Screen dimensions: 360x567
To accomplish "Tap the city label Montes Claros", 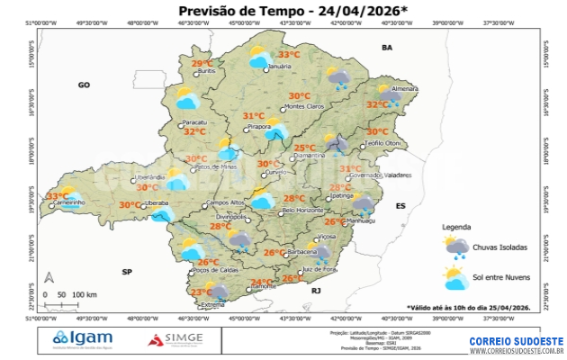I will pyautogui.click(x=303, y=107).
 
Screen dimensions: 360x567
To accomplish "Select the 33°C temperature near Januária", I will pyautogui.click(x=288, y=55).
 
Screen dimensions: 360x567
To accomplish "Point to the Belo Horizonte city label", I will pyautogui.click(x=302, y=211).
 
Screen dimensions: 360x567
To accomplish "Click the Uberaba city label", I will pyautogui.click(x=157, y=204).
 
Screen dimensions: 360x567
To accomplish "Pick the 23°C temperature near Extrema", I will pyautogui.click(x=202, y=292).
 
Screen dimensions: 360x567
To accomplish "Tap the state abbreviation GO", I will pyautogui.click(x=84, y=85).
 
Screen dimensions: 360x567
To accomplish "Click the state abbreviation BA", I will pyautogui.click(x=388, y=46).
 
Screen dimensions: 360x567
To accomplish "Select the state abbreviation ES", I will pyautogui.click(x=401, y=206).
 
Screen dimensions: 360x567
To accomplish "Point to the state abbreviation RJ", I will pyautogui.click(x=316, y=291).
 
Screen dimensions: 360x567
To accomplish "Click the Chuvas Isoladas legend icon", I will pyautogui.click(x=456, y=245).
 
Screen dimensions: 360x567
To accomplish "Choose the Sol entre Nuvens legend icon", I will pyautogui.click(x=456, y=275).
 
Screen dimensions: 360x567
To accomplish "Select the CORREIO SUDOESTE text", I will pyautogui.click(x=517, y=341).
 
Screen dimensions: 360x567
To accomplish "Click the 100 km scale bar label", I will pyautogui.click(x=85, y=294).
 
